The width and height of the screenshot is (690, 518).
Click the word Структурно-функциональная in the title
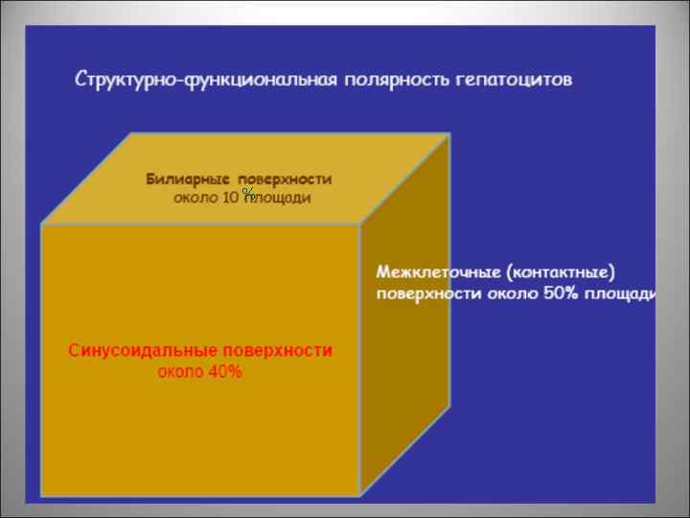click(205, 80)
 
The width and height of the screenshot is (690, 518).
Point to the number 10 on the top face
click(230, 198)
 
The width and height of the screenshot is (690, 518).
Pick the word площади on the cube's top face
click(281, 198)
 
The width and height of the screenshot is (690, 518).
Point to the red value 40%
click(226, 372)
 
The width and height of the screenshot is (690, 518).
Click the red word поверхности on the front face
click(278, 351)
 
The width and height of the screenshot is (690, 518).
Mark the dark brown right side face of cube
click(403, 326)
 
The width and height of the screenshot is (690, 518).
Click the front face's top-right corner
click(360, 224)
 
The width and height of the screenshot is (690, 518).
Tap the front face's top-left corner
click(41, 224)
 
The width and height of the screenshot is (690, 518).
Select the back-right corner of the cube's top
click(448, 133)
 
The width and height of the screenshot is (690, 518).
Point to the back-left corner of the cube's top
click(130, 133)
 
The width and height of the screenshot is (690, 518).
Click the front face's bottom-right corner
click(360, 494)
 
